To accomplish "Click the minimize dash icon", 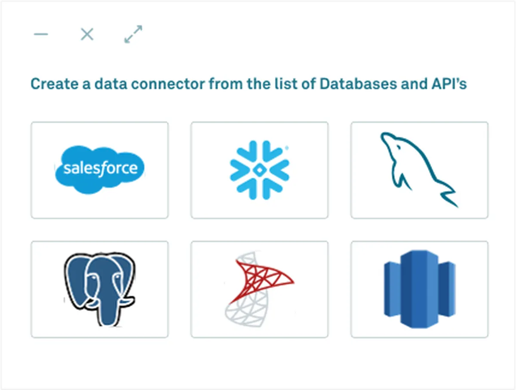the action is pyautogui.click(x=41, y=34).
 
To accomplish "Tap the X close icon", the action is pyautogui.click(x=87, y=34).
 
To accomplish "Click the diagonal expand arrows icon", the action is pyautogui.click(x=133, y=34).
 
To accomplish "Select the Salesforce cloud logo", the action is pyautogui.click(x=100, y=170).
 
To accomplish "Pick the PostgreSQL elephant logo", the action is pyautogui.click(x=100, y=289).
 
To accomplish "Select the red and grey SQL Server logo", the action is pyautogui.click(x=259, y=289).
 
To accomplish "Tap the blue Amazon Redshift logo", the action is pyautogui.click(x=420, y=289).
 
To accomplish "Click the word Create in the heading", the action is pyautogui.click(x=55, y=84).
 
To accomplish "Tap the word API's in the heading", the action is pyautogui.click(x=449, y=84).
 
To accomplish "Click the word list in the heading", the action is pyautogui.click(x=286, y=84).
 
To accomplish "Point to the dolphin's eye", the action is pyautogui.click(x=399, y=148).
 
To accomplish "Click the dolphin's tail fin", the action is pyautogui.click(x=449, y=198).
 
